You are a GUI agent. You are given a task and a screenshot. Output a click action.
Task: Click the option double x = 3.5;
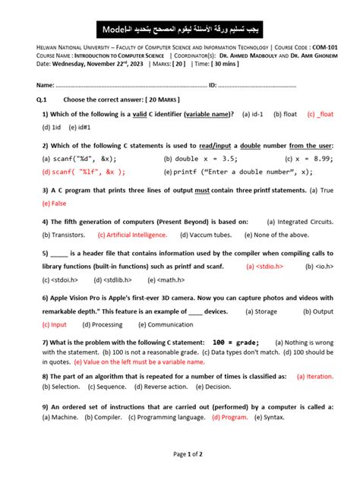[x=197, y=159]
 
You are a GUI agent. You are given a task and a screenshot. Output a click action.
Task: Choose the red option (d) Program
[x=230, y=417]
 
